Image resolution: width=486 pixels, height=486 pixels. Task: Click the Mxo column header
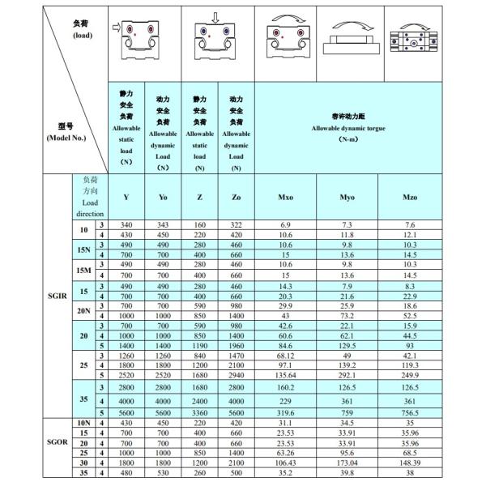tap(285, 197)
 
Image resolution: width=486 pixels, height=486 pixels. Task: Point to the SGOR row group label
tap(56, 444)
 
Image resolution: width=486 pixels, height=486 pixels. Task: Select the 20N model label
tap(83, 311)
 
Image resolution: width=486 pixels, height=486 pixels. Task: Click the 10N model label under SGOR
tap(83, 423)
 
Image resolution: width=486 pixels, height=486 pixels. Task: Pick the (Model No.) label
tap(66, 137)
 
